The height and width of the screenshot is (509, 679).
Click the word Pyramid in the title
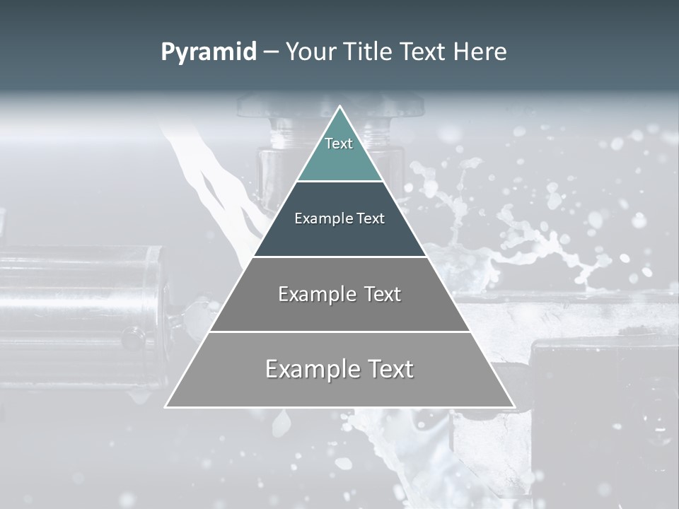pos(209,52)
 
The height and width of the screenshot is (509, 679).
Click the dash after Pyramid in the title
pos(271,52)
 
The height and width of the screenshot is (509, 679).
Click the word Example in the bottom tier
pos(312,370)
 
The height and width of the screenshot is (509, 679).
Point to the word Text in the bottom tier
pos(389,369)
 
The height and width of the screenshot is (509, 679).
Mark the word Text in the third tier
pos(383,294)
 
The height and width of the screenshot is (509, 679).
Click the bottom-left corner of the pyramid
pos(167,406)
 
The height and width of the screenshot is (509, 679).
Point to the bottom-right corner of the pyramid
pos(513,406)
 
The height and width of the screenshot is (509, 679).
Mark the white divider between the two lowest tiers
pos(339,332)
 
